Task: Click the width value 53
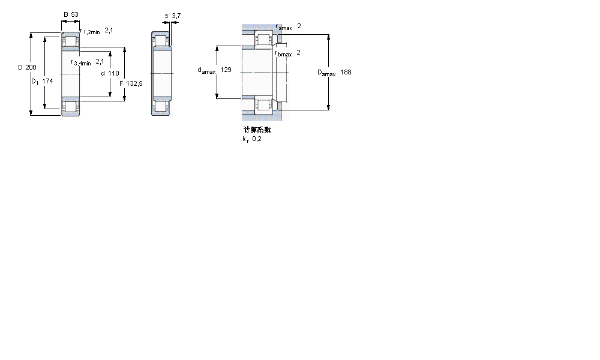(75, 14)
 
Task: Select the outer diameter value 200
(31, 67)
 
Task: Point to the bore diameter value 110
(114, 73)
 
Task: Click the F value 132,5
(135, 83)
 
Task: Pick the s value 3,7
(176, 16)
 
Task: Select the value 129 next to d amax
(226, 70)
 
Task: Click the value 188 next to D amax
(346, 73)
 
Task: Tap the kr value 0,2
(257, 139)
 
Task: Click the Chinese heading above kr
(257, 130)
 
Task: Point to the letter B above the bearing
(65, 14)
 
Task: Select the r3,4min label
(81, 62)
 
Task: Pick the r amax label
(284, 28)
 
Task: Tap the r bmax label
(283, 53)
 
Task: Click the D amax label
(326, 73)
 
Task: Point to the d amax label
(206, 71)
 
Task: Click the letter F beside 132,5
(121, 83)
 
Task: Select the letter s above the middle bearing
(166, 16)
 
